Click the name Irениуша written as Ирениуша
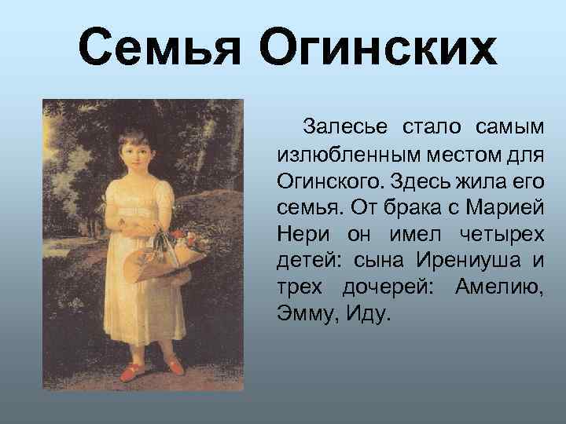click(474, 261)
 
